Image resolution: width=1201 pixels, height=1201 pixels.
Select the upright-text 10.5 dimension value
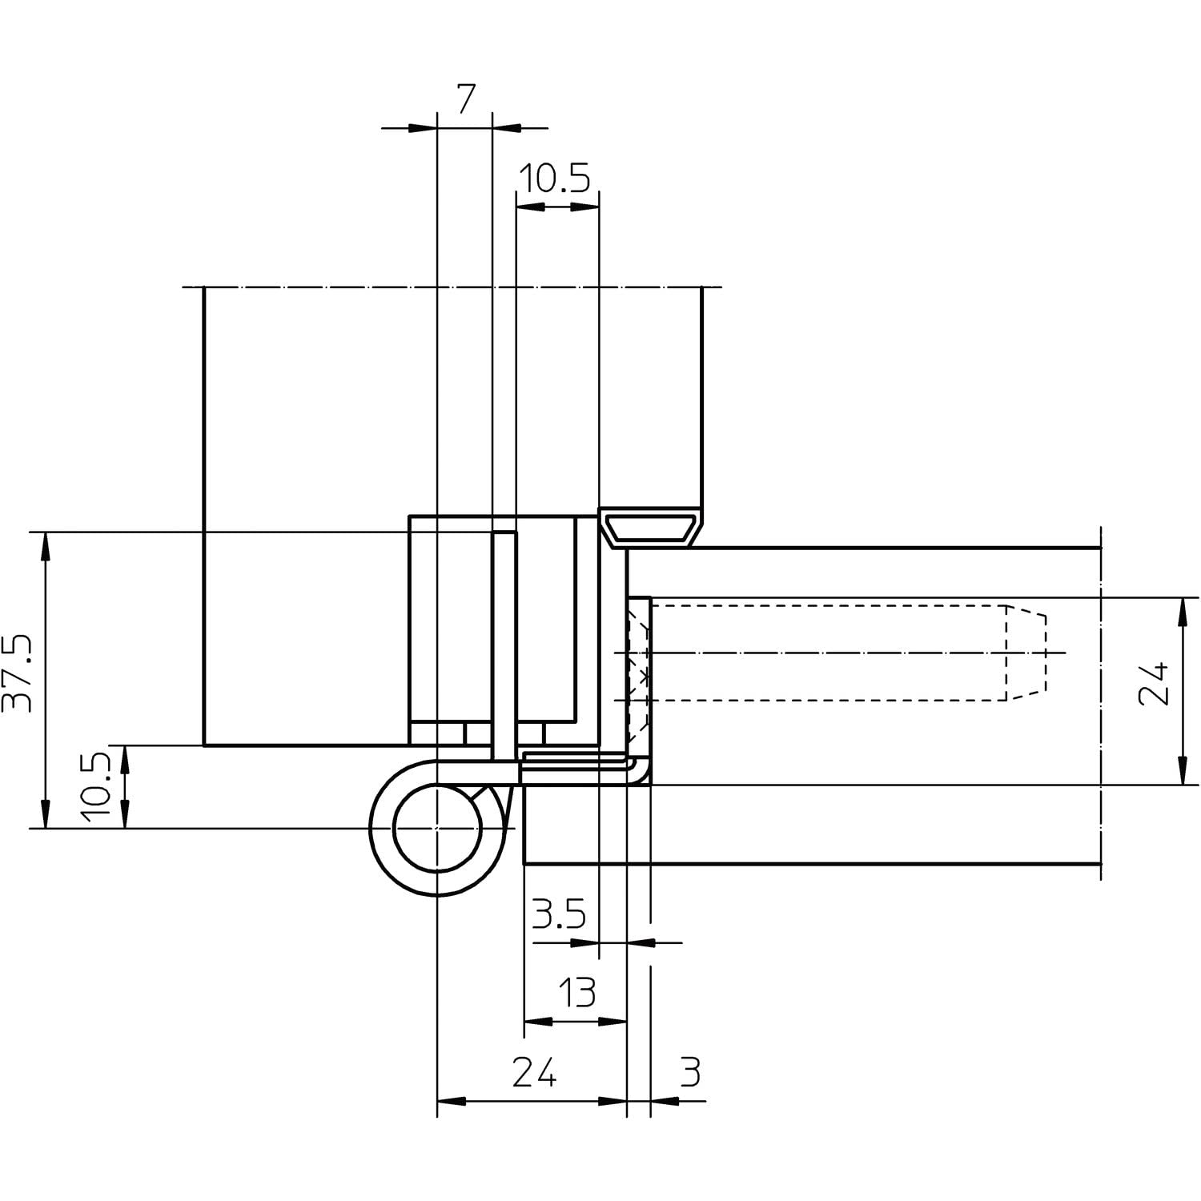click(x=555, y=179)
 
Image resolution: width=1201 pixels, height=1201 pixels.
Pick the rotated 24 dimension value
click(x=1154, y=683)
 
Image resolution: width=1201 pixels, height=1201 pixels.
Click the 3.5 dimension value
click(x=559, y=914)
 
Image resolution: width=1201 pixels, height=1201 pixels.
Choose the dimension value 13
click(x=576, y=993)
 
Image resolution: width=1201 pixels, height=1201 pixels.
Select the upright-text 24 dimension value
click(x=534, y=1072)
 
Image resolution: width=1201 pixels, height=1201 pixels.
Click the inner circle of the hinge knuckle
click(x=437, y=827)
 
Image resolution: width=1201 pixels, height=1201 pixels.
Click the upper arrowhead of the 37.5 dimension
click(x=46, y=544)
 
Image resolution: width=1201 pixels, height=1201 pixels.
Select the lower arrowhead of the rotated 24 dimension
click(x=1182, y=772)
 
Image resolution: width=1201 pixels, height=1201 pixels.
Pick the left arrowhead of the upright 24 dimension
click(x=451, y=1101)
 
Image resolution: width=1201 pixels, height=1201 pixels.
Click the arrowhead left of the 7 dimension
click(x=423, y=127)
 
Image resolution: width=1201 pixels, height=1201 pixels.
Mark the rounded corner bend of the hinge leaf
click(x=637, y=770)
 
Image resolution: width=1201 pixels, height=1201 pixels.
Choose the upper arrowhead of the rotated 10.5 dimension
click(x=125, y=758)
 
